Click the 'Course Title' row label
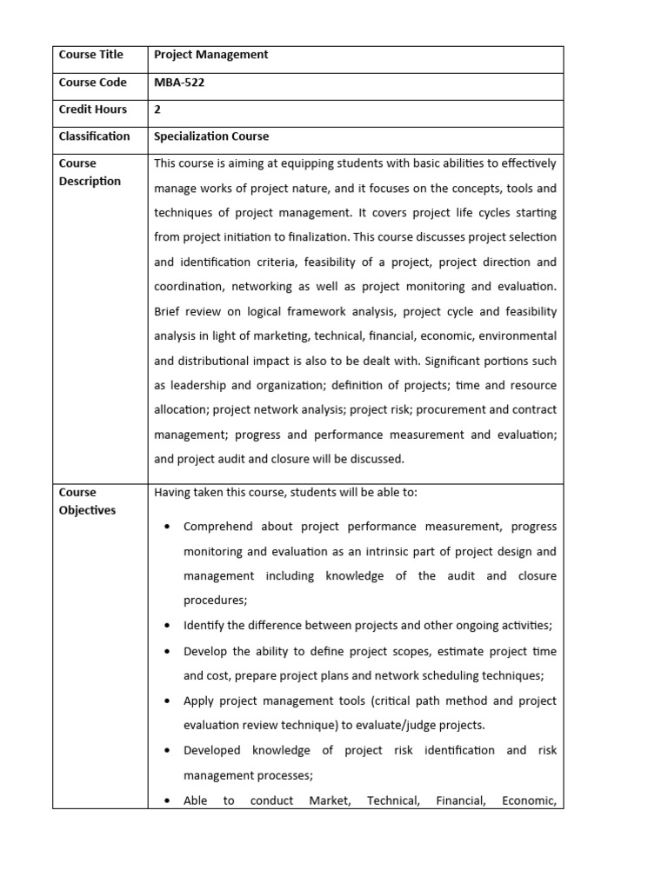90,55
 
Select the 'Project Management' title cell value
210,55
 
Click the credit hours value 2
157,110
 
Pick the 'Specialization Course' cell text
211,136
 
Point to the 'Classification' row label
94,136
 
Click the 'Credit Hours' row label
92,110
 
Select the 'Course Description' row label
90,172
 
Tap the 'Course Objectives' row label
87,501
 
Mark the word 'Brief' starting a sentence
170,311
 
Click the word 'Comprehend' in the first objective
217,527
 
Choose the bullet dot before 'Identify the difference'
167,626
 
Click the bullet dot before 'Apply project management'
167,701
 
